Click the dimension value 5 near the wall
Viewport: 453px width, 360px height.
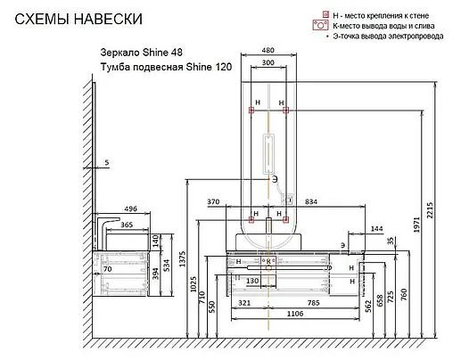[x=106, y=162]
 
